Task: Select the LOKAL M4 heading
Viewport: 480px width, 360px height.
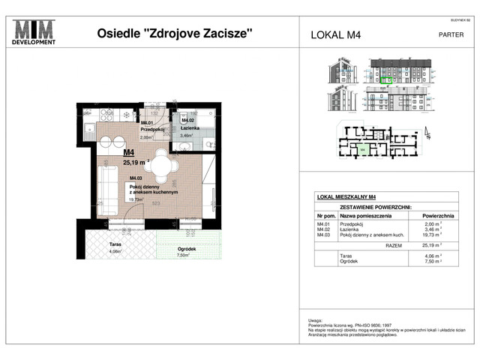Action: tap(336, 34)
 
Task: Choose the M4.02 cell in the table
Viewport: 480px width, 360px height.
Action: tap(323, 229)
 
